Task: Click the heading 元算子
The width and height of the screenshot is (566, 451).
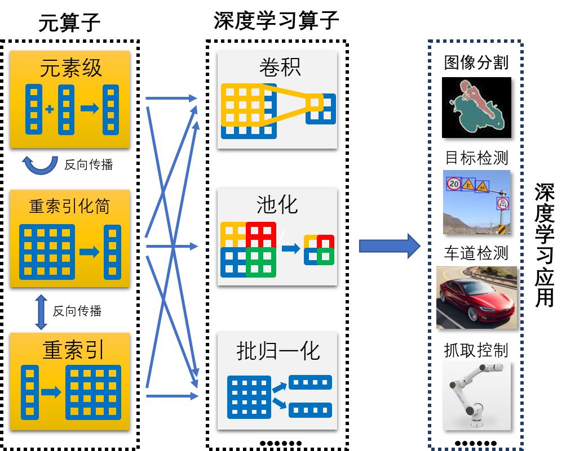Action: click(69, 23)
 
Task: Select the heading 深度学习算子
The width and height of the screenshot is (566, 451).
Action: click(276, 21)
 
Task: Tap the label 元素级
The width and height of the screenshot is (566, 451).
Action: click(70, 68)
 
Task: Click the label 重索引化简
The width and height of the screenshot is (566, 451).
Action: click(70, 206)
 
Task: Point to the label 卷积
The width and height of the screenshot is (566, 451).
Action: click(280, 67)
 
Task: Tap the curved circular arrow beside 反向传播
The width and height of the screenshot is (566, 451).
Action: click(39, 164)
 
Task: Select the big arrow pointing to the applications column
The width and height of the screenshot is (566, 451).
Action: click(390, 246)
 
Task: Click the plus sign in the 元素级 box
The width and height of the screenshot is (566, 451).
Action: click(50, 110)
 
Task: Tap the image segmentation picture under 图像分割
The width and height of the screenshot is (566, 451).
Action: click(476, 108)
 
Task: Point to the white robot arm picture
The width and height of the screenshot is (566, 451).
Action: click(476, 395)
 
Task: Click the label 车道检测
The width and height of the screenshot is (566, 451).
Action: click(476, 253)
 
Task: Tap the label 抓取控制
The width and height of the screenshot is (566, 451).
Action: click(476, 350)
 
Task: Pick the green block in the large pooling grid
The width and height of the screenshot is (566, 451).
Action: click(260, 262)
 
